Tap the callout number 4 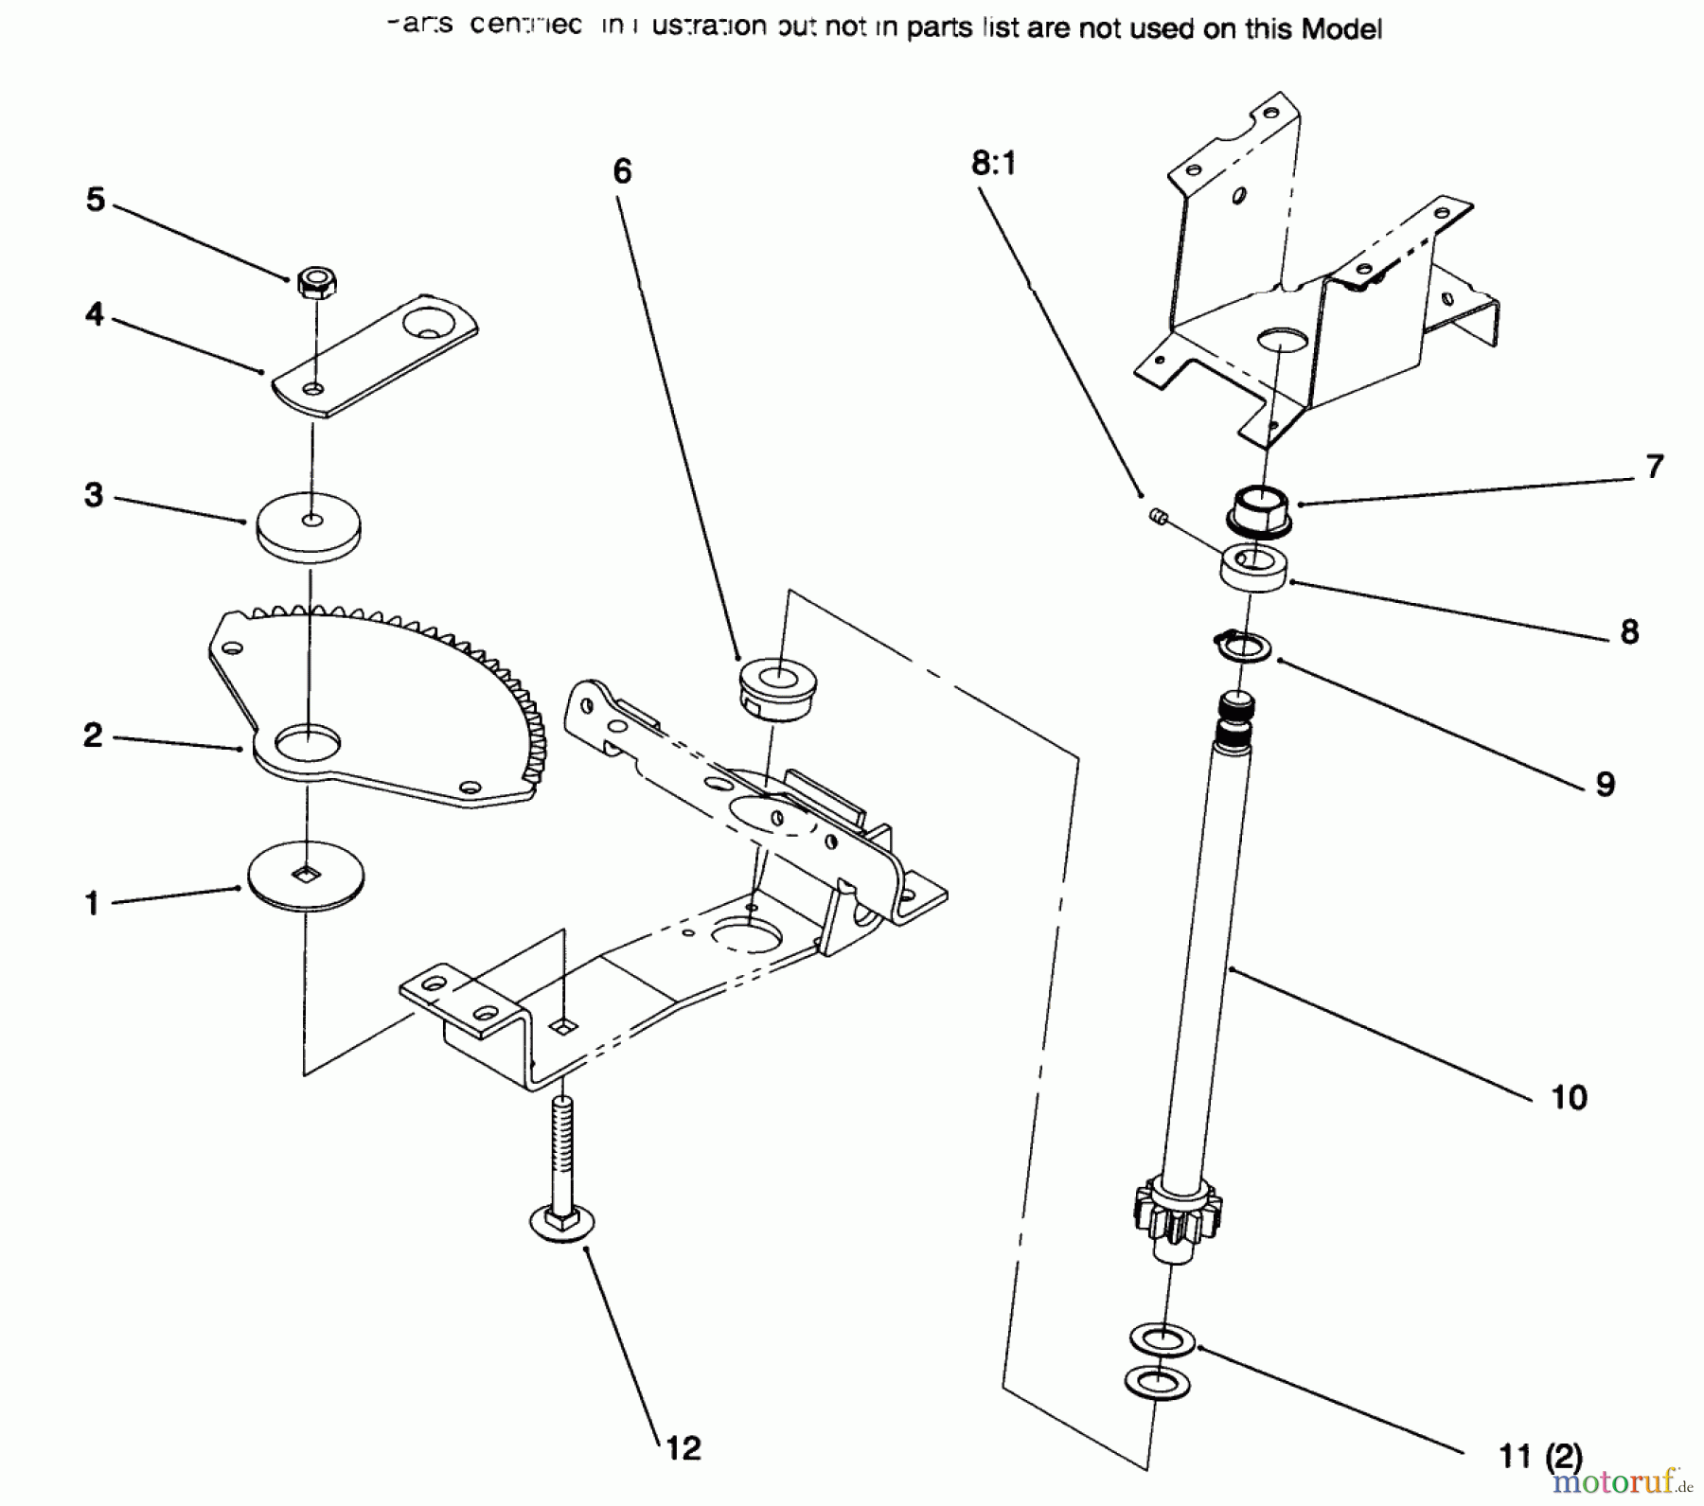[x=94, y=313]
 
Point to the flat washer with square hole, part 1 [x=305, y=876]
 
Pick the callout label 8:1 [x=993, y=164]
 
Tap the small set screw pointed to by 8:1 [x=1156, y=516]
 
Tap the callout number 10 [x=1569, y=1097]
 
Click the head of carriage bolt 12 [x=562, y=1225]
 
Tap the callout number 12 [x=683, y=1447]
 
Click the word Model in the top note [x=1341, y=29]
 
